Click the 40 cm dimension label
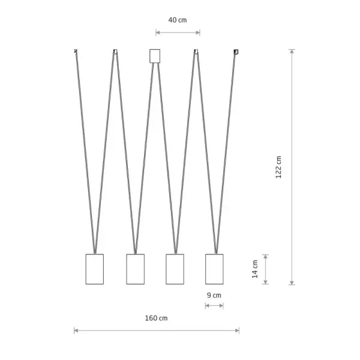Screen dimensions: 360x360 tap(178, 20)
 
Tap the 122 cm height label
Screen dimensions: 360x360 tap(278, 167)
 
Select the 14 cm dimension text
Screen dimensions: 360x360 tap(255, 269)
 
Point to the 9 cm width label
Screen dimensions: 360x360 tap(214, 295)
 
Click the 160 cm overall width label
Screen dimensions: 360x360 tap(156, 318)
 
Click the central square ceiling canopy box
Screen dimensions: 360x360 tap(155, 56)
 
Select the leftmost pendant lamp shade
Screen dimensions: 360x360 tap(95, 269)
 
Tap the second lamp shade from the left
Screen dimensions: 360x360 tap(136, 269)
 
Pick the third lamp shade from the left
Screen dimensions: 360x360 tap(175, 269)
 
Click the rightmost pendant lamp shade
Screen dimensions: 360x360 tap(214, 269)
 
